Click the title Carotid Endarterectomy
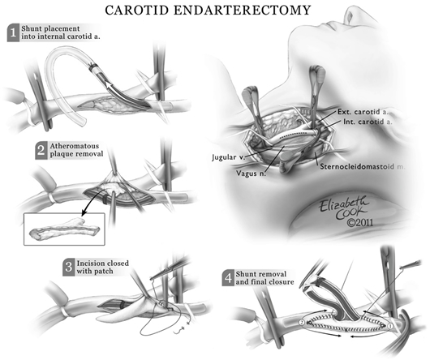(x=215, y=11)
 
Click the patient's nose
(x=370, y=16)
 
